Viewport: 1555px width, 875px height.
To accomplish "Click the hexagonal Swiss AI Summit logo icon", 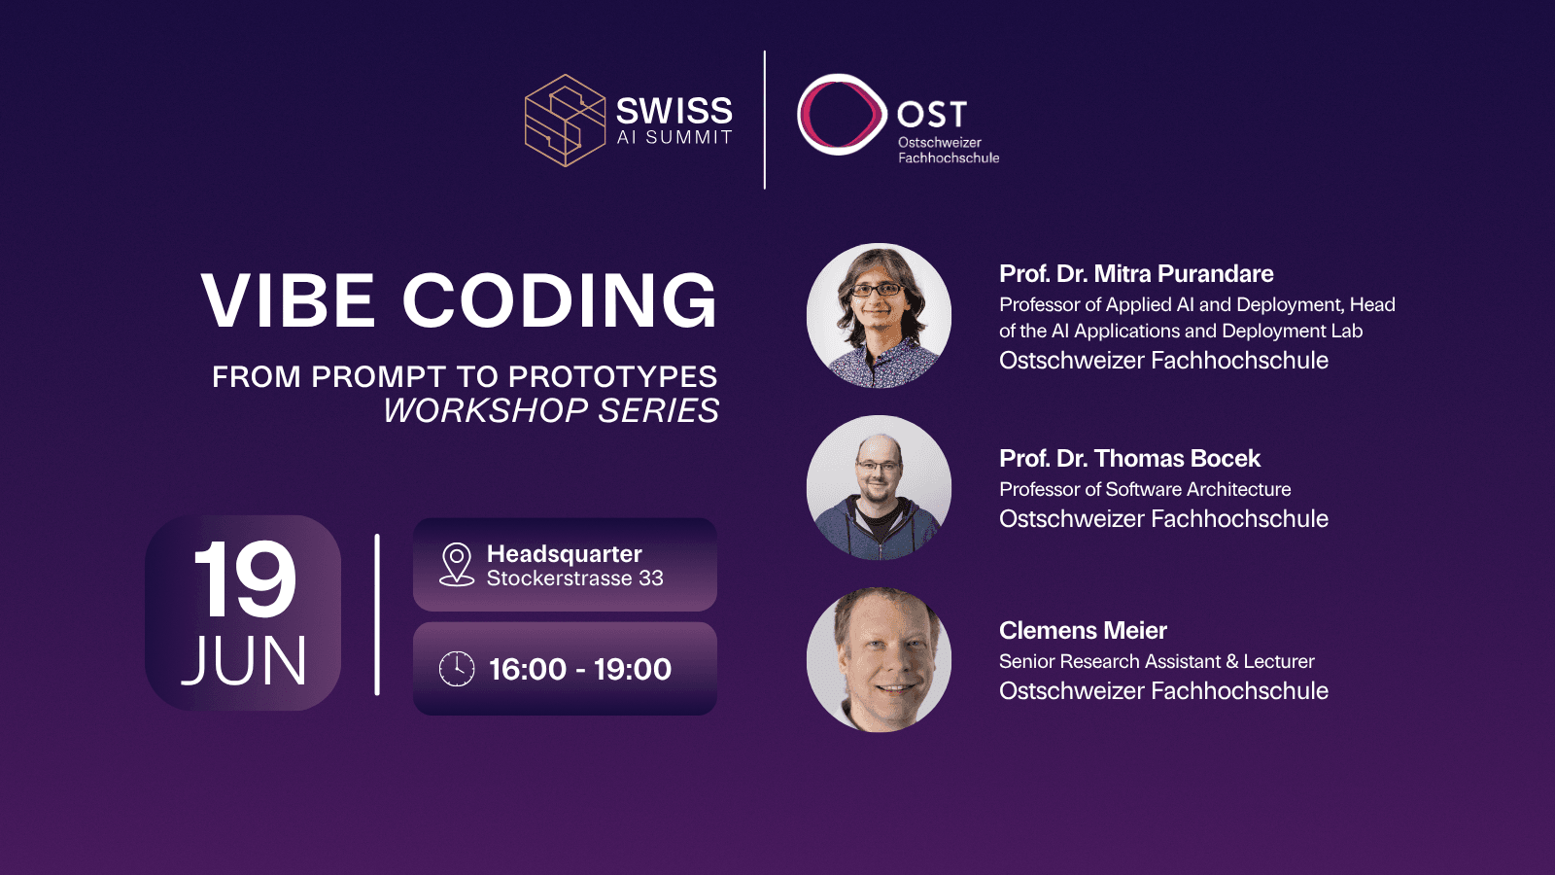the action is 565,121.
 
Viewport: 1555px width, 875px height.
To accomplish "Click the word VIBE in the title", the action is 288,300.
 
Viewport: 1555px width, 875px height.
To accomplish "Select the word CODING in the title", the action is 560,300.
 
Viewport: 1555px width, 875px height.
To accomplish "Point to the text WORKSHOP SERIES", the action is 551,410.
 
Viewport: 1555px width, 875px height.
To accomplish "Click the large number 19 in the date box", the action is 244,579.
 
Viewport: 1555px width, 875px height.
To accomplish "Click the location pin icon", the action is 457,565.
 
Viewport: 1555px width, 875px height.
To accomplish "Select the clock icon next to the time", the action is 457,669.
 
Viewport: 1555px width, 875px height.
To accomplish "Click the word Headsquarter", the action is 565,554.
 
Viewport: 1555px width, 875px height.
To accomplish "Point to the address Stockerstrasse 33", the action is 574,577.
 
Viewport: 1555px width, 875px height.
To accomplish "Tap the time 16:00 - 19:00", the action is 580,670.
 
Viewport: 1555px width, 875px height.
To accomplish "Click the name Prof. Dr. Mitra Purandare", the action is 1136,273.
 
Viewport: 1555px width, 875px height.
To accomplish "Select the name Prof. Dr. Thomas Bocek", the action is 1129,458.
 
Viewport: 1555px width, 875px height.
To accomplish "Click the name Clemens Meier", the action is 1083,631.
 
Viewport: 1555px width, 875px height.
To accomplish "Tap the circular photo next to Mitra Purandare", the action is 879,315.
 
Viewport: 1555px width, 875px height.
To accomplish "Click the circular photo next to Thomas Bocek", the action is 879,487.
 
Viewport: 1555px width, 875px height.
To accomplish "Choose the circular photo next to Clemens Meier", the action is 879,660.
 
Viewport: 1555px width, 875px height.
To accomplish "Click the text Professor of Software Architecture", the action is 1145,490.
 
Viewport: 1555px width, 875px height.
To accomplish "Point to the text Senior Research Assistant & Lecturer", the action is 1157,662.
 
